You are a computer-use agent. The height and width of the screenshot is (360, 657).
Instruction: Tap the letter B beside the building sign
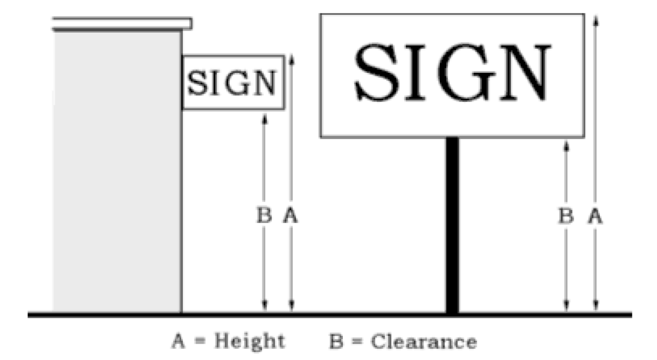tap(264, 216)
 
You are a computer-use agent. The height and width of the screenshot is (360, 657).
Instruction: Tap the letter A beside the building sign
tap(291, 216)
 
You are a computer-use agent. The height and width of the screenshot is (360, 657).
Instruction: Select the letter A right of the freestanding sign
tap(595, 216)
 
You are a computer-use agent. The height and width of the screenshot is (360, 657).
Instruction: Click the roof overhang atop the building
tap(122, 23)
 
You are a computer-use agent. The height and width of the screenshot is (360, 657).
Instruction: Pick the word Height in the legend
tap(249, 341)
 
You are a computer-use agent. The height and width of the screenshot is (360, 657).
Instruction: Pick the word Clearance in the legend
tap(423, 341)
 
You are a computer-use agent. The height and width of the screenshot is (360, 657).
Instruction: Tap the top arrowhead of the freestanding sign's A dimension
tap(595, 20)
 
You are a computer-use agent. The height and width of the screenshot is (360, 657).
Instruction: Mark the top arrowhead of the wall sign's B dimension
tap(264, 118)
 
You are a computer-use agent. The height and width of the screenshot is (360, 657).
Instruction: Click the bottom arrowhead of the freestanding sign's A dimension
tap(595, 308)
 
